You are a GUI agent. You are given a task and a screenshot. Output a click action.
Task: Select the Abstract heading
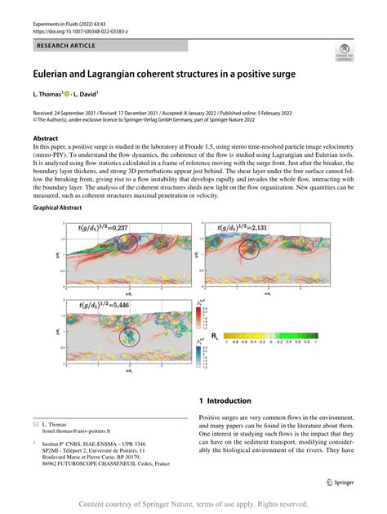(46, 138)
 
